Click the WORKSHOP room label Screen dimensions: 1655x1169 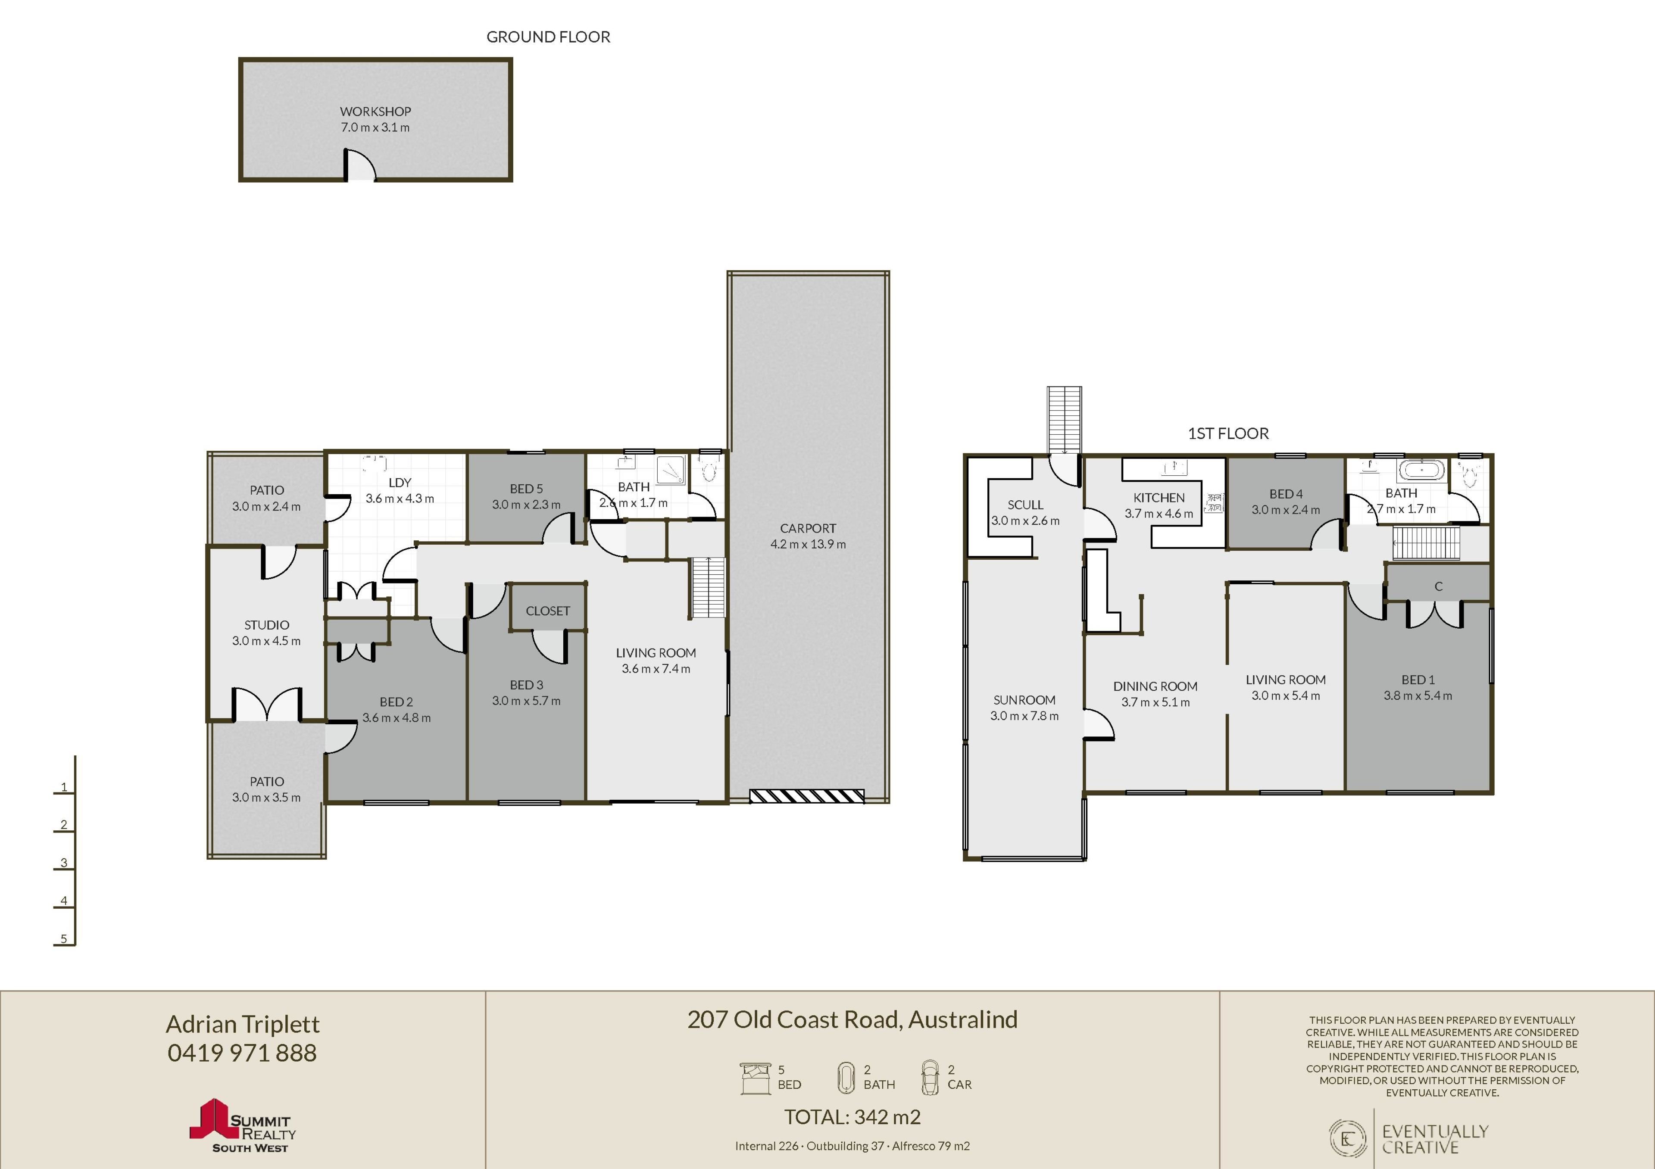375,112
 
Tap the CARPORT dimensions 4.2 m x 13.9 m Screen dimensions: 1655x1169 808,544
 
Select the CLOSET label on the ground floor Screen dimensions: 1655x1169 548,611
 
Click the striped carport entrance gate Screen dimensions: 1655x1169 806,796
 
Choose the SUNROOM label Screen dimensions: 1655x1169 1024,700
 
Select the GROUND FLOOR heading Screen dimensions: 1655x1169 549,37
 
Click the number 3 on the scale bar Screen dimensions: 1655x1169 64,863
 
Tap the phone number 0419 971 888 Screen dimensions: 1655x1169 242,1053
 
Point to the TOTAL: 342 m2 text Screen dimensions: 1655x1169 853,1117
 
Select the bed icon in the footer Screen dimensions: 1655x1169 756,1078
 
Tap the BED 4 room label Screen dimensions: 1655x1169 1286,494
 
